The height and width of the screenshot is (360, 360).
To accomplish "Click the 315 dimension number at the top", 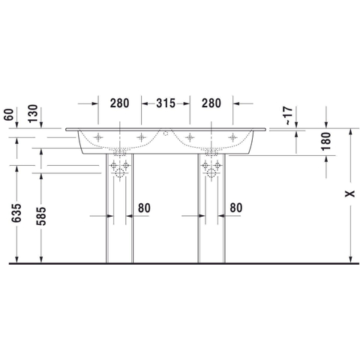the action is tap(166, 103).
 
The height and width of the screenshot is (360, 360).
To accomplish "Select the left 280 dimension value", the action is tap(120, 103).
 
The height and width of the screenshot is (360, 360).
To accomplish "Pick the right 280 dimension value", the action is tap(211, 103).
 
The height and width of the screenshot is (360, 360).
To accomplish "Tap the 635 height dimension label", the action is tap(16, 213).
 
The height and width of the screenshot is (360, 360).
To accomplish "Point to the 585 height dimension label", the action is tap(41, 216).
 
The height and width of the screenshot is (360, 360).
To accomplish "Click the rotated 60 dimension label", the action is tap(9, 115).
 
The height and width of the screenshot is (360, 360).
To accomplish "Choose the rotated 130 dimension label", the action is tap(33, 114).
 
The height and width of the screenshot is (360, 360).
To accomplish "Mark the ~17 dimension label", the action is tap(289, 115).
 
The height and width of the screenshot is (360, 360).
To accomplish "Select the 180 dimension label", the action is tap(326, 142).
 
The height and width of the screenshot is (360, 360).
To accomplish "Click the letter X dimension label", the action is tap(350, 193).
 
